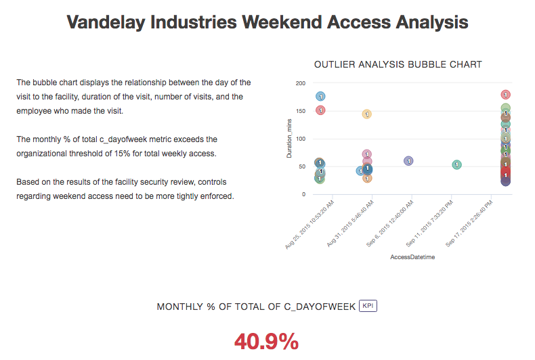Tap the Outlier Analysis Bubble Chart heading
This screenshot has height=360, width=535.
398,64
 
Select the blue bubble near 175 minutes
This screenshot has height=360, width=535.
321,97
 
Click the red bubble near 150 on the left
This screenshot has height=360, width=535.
321,110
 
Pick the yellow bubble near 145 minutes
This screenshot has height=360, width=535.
366,114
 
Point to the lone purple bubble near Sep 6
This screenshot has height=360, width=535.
408,161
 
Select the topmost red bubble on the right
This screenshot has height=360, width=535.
505,95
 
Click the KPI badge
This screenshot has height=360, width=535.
368,306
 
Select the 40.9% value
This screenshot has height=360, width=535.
266,342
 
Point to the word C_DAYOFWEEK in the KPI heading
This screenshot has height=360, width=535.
321,307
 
